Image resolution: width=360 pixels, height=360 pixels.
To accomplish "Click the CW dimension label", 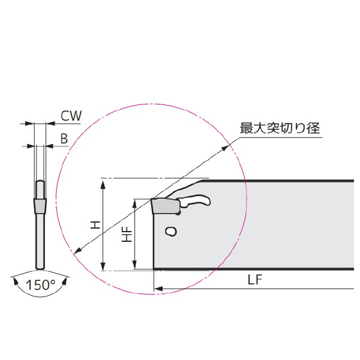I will pyautogui.click(x=71, y=115).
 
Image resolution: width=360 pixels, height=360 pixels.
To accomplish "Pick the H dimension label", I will pyautogui.click(x=95, y=225).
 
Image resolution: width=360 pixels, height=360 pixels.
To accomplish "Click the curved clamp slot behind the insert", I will pyautogui.click(x=195, y=202).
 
